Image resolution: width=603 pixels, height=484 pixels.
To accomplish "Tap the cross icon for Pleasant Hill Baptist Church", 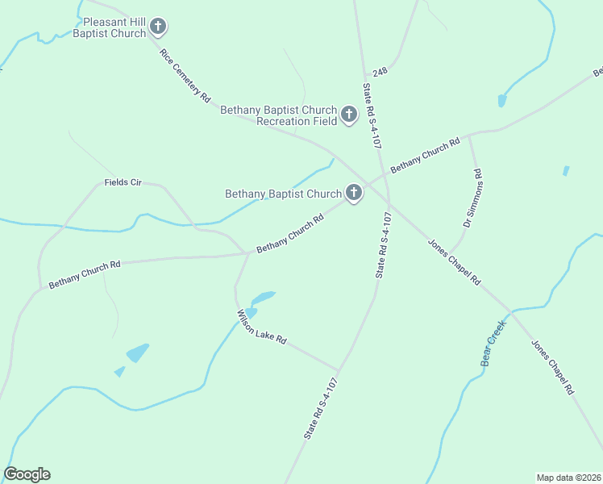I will click(159, 27).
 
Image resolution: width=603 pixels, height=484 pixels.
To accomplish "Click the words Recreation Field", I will click(294, 121).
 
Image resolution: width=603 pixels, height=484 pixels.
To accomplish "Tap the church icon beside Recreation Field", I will click(349, 115).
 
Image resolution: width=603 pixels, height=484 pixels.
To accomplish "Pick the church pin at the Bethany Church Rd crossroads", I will click(353, 193).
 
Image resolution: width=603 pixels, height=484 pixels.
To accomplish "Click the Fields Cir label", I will click(123, 183).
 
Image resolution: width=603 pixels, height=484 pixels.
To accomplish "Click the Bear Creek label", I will click(492, 344).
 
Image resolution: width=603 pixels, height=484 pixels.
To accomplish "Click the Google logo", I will click(27, 474).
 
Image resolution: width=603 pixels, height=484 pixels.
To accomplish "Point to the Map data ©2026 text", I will click(568, 477).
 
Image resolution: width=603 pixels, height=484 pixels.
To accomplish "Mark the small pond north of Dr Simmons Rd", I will click(502, 101).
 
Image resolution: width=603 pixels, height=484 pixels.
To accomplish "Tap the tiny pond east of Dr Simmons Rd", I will click(566, 171).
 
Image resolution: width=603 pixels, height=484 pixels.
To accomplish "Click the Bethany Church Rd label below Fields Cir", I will click(84, 274).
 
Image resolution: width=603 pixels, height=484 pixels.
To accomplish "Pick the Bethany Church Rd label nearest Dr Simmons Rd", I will click(425, 156).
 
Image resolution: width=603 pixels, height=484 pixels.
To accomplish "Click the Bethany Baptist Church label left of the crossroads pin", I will click(283, 194).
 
